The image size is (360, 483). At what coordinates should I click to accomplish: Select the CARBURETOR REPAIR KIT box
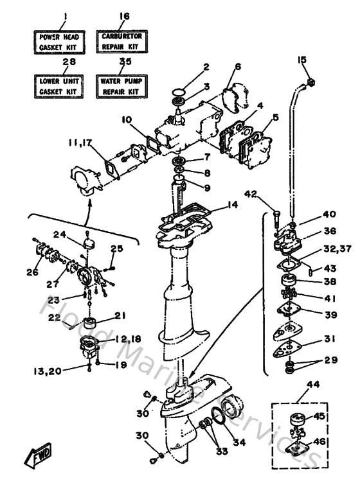[122, 42]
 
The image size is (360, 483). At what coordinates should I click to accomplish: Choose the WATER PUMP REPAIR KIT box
[122, 87]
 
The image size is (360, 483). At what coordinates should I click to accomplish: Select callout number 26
[32, 272]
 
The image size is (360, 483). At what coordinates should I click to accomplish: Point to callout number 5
[275, 117]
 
